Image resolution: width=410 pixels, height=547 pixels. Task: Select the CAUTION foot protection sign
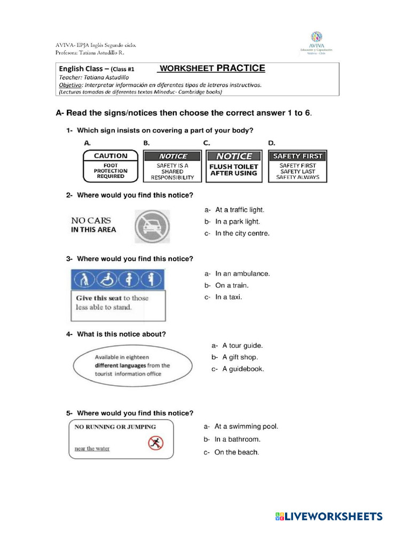coord(111,166)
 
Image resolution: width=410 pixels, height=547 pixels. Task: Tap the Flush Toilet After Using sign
coord(234,166)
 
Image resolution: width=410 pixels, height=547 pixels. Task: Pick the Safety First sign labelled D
coord(298,166)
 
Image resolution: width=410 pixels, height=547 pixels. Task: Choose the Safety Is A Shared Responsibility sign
coord(172,166)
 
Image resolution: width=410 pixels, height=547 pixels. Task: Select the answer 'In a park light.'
coord(238,222)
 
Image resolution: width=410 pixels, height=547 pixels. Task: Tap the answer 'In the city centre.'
coord(242,233)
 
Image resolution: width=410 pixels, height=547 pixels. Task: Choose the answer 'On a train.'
coord(232,285)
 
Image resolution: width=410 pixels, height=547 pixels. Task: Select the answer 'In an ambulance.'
coord(242,273)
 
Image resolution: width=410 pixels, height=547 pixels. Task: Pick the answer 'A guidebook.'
coord(243,369)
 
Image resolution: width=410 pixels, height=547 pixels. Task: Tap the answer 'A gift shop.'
coord(240,357)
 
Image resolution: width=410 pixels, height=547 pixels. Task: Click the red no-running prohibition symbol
coord(155,443)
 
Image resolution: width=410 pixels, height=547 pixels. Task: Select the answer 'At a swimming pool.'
coord(246,427)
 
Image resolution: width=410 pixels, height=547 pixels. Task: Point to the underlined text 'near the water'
coord(92,449)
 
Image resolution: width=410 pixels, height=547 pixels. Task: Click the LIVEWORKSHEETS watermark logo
coord(329,517)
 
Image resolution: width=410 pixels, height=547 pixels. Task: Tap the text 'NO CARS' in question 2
coord(91,220)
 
